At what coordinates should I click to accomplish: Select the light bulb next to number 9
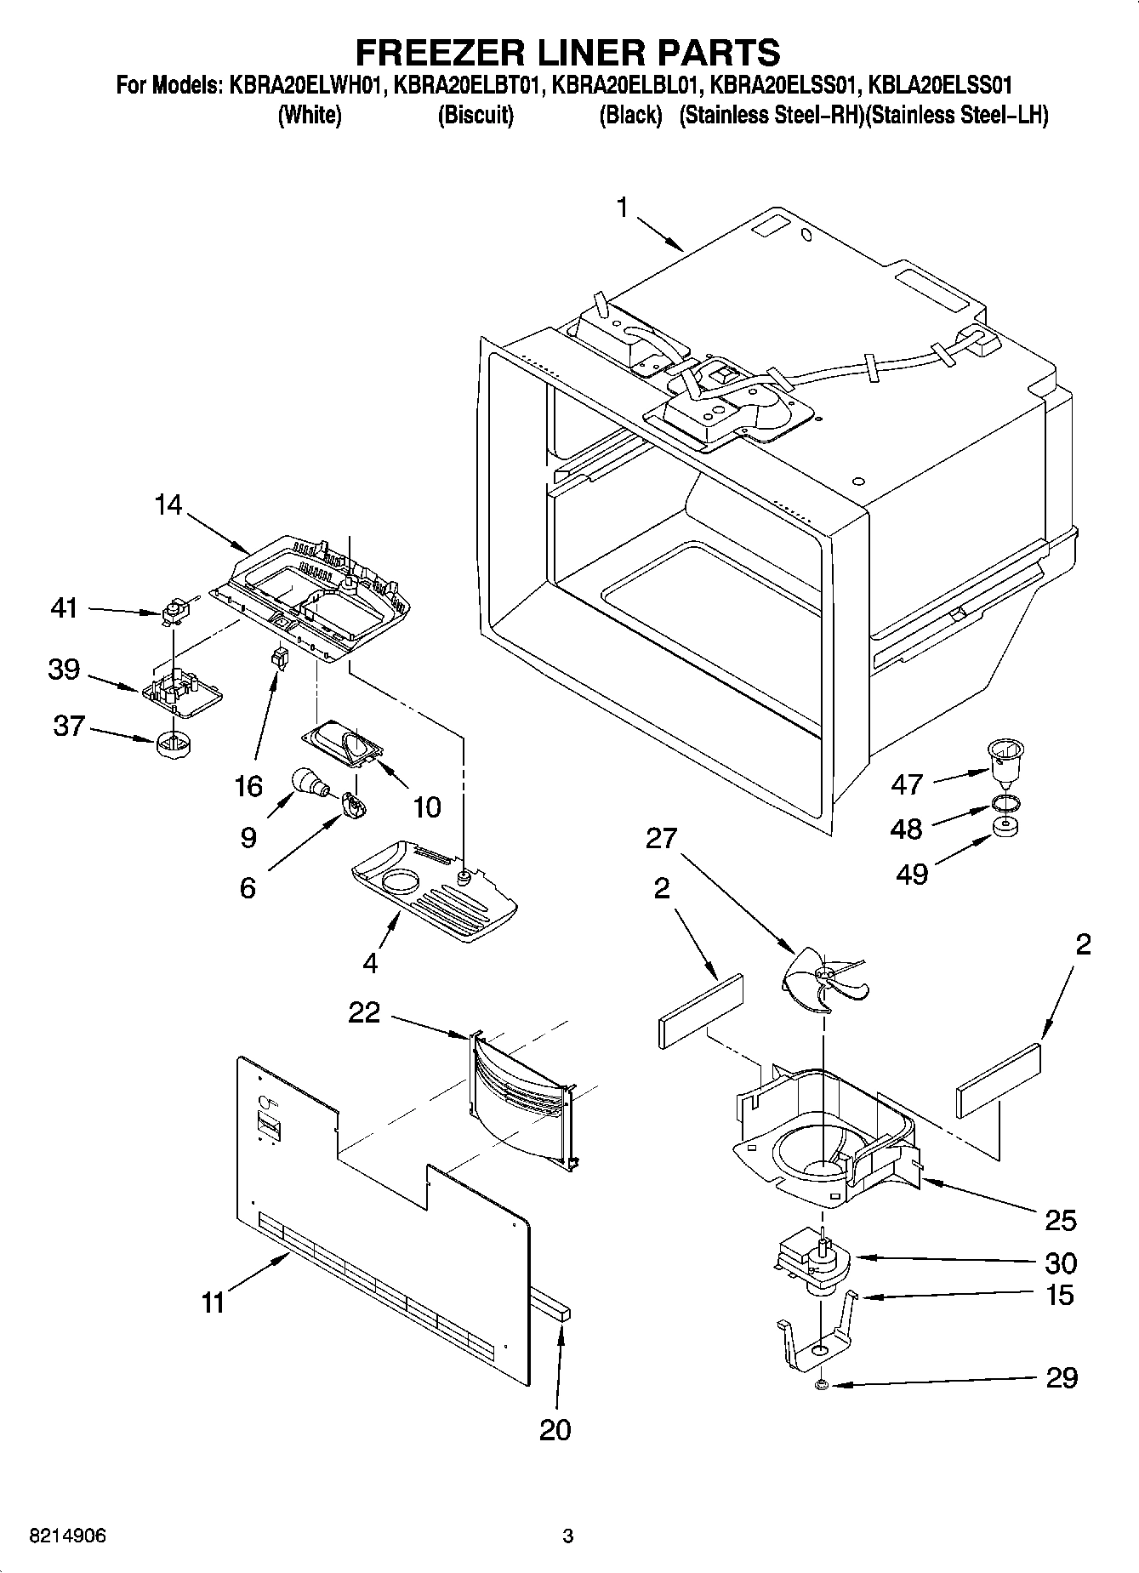coord(308,781)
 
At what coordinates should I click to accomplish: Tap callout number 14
coord(168,504)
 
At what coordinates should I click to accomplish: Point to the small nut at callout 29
coord(821,1386)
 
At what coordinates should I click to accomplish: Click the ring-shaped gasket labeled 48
coord(1006,803)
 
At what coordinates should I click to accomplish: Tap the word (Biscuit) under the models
coord(476,116)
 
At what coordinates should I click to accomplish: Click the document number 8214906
coord(68,1536)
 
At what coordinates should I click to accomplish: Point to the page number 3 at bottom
coord(567,1536)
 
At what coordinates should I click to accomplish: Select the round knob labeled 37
coord(173,746)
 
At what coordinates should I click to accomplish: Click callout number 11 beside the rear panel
coord(213,1301)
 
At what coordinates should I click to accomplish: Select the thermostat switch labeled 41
coord(174,610)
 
